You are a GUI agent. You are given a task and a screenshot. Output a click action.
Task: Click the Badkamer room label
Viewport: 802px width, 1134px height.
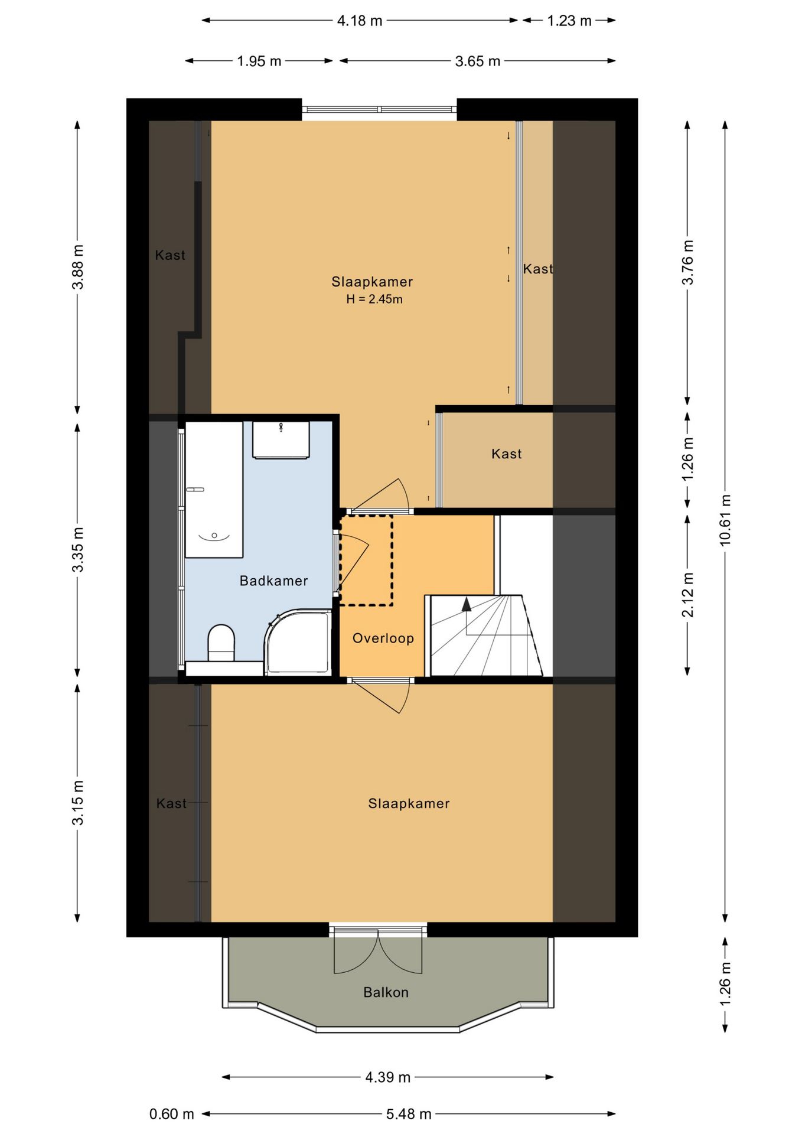point(273,581)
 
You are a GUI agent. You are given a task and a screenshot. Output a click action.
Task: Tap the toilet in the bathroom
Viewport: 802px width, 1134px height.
point(221,643)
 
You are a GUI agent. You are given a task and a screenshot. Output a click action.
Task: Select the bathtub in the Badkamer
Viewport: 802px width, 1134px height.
point(214,489)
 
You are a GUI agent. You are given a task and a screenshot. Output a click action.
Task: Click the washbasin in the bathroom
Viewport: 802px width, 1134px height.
point(281,439)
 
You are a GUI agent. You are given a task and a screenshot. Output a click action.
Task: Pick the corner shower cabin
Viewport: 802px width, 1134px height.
point(298,642)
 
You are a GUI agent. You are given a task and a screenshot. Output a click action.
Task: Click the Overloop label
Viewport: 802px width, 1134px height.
point(383,638)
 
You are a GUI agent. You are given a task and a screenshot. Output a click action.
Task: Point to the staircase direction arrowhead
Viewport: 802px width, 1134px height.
point(467,604)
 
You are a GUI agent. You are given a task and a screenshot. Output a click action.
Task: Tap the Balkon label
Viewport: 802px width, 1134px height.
point(386,992)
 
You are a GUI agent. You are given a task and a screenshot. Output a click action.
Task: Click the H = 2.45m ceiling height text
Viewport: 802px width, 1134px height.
point(374,299)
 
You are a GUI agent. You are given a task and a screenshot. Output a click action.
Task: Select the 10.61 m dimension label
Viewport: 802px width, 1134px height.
point(725,520)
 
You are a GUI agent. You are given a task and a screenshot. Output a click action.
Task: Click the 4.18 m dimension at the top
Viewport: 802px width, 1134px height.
point(360,21)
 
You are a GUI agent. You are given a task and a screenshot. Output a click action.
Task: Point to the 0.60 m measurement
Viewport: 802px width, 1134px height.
point(171,1114)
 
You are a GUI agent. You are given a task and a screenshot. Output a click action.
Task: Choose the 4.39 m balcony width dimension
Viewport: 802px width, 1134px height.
point(387,1077)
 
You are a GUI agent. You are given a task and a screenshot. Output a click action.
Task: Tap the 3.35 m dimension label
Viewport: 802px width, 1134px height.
point(78,549)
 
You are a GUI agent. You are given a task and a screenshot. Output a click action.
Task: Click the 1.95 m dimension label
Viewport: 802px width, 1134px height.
point(259,61)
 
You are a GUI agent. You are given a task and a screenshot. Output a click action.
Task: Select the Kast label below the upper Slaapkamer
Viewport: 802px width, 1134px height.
point(507,454)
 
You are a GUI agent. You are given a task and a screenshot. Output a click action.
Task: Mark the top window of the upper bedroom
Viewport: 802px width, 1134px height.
point(379,109)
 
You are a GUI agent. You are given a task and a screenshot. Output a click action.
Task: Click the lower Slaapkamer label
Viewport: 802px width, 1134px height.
point(409,803)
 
